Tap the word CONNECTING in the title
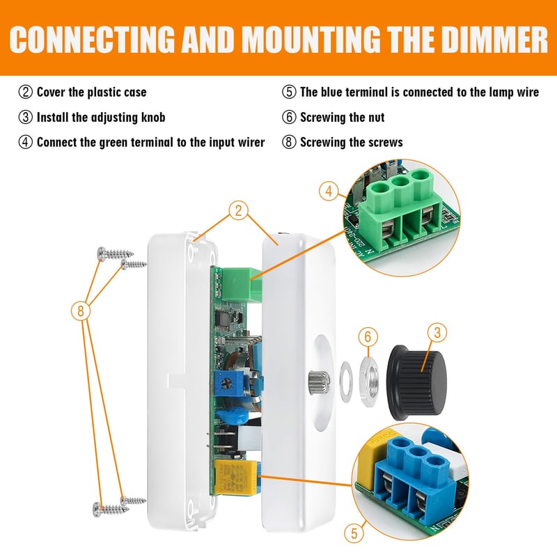[92, 39]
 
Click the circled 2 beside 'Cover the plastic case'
[25, 92]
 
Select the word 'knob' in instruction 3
[153, 117]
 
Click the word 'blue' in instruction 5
[331, 92]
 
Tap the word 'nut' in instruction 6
[376, 117]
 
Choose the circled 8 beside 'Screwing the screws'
[289, 142]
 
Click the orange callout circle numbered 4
[329, 191]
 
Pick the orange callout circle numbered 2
[238, 210]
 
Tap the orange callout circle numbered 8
[81, 311]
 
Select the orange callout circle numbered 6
[368, 336]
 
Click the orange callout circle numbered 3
[437, 333]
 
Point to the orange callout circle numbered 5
[354, 533]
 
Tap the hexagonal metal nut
[370, 382]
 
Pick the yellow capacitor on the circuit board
[236, 477]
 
